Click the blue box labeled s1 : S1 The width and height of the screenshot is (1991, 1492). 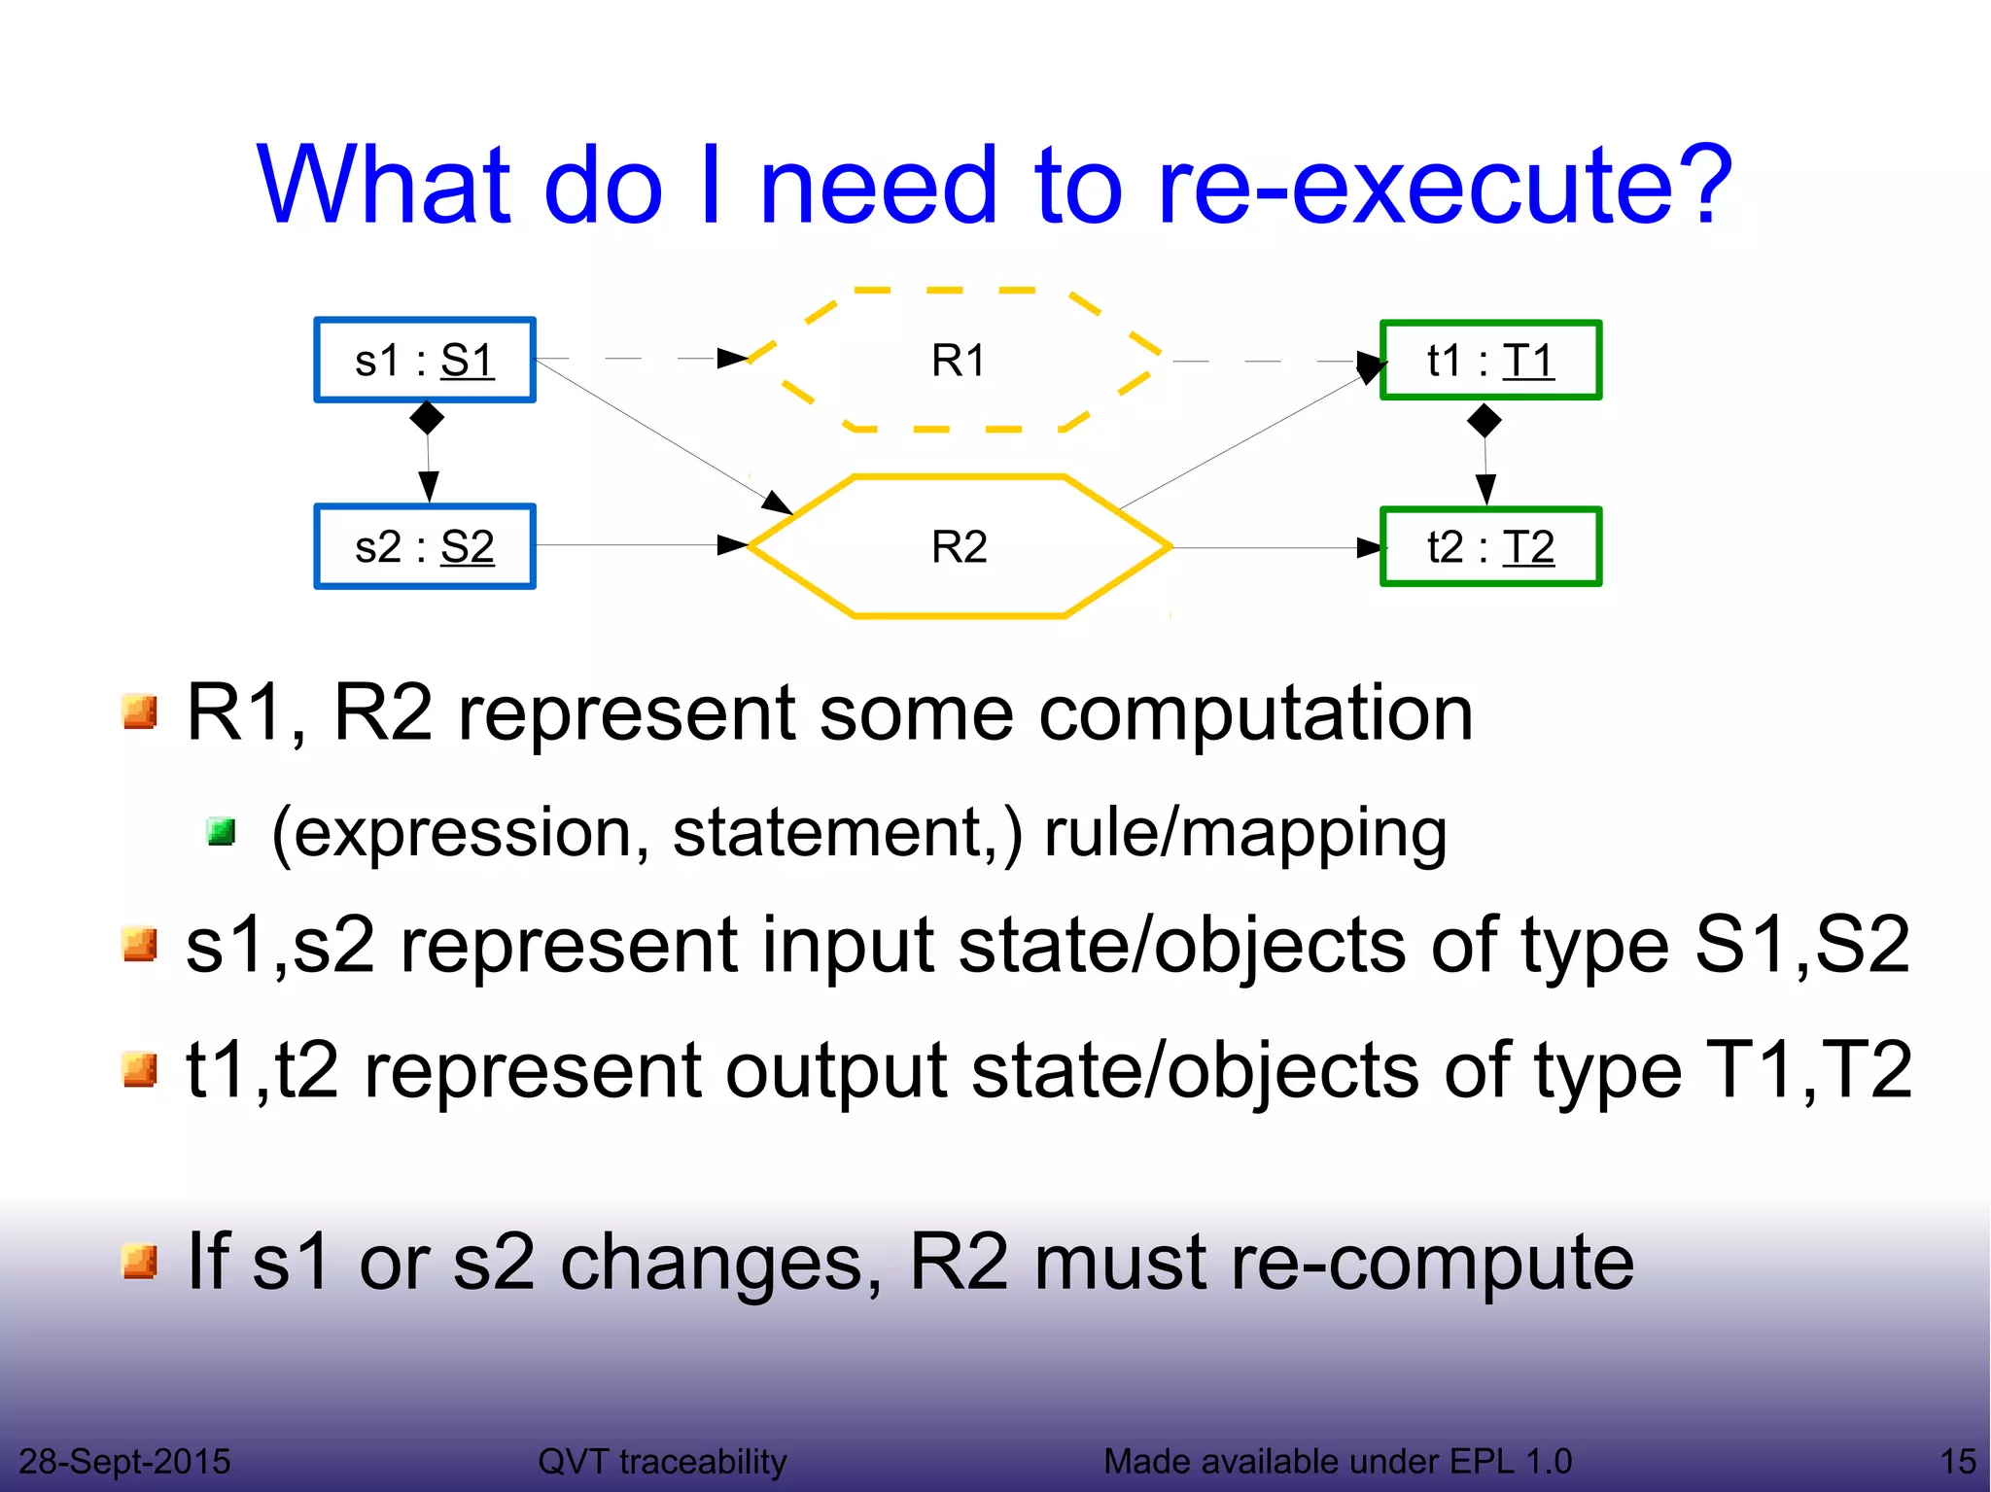[x=425, y=360]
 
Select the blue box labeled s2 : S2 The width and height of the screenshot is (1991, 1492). [x=425, y=546]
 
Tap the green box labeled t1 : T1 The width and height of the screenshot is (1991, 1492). [x=1490, y=360]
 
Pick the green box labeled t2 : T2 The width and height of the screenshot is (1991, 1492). [x=1490, y=546]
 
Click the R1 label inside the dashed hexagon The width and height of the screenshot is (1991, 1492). [x=959, y=361]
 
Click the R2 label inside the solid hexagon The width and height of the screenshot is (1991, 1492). [x=959, y=546]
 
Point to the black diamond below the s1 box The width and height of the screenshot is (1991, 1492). [x=427, y=418]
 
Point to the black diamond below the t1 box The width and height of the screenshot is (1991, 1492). [x=1484, y=421]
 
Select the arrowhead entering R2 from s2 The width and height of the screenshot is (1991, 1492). [x=732, y=545]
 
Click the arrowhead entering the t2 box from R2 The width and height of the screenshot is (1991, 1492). [x=1369, y=548]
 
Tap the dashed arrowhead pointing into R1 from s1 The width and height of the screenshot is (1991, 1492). [x=732, y=358]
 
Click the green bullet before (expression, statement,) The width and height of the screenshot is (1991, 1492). [x=222, y=832]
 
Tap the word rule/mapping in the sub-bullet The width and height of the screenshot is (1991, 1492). [x=1245, y=834]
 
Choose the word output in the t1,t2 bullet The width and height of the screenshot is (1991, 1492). [x=836, y=1070]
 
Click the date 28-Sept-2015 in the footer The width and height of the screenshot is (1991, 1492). [x=124, y=1461]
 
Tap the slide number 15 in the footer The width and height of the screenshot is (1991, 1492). [x=1957, y=1461]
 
